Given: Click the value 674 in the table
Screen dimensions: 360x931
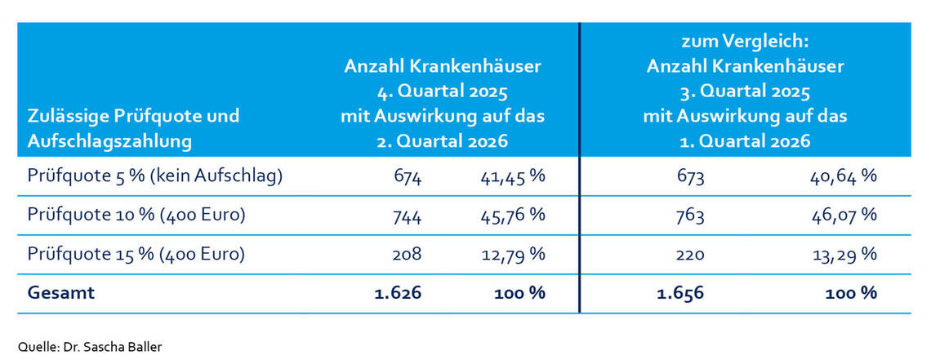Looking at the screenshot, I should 407,177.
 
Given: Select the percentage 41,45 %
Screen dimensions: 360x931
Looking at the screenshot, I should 512,177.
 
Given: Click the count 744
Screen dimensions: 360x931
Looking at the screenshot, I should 407,216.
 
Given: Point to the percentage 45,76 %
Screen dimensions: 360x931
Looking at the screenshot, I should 512,216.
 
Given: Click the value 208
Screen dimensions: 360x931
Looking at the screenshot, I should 407,254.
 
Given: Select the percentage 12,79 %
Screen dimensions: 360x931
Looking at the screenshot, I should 512,254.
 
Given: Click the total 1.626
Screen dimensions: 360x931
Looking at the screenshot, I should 398,292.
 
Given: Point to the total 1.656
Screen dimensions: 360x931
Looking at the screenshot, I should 680,292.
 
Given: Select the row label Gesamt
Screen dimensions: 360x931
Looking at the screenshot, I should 61,292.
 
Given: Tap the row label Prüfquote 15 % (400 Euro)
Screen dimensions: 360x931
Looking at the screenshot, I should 136,254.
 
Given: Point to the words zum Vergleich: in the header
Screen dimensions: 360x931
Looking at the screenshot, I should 745,39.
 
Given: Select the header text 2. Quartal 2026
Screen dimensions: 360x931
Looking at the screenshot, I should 443,141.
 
